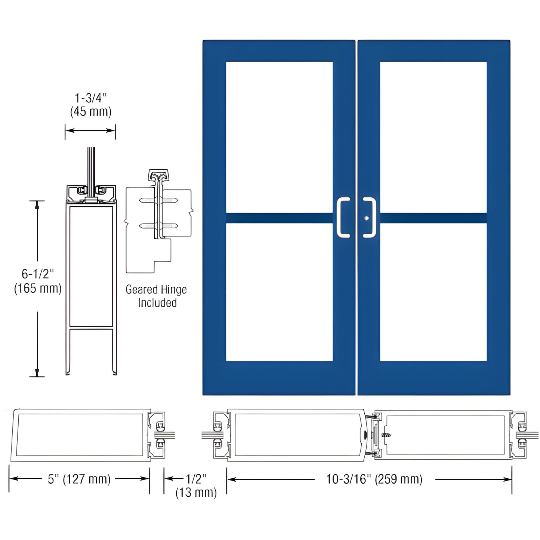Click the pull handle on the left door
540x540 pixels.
click(x=343, y=217)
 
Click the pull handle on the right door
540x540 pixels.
click(x=370, y=217)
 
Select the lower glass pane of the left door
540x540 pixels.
click(x=279, y=292)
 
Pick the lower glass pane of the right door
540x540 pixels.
click(x=433, y=292)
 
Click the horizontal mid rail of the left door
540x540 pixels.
click(x=279, y=218)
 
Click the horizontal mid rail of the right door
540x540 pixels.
click(x=433, y=218)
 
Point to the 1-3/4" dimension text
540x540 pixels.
click(x=91, y=98)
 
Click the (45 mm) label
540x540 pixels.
click(x=91, y=112)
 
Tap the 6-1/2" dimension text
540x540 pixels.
click(x=38, y=274)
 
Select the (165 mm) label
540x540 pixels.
click(x=38, y=288)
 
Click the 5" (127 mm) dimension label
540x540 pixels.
click(x=79, y=479)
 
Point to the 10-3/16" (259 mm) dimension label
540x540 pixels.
click(x=374, y=479)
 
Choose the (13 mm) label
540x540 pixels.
click(x=196, y=493)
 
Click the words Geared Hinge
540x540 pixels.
click(x=156, y=290)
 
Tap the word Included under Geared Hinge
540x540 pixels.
click(x=157, y=303)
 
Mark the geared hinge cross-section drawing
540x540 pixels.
click(x=159, y=220)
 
